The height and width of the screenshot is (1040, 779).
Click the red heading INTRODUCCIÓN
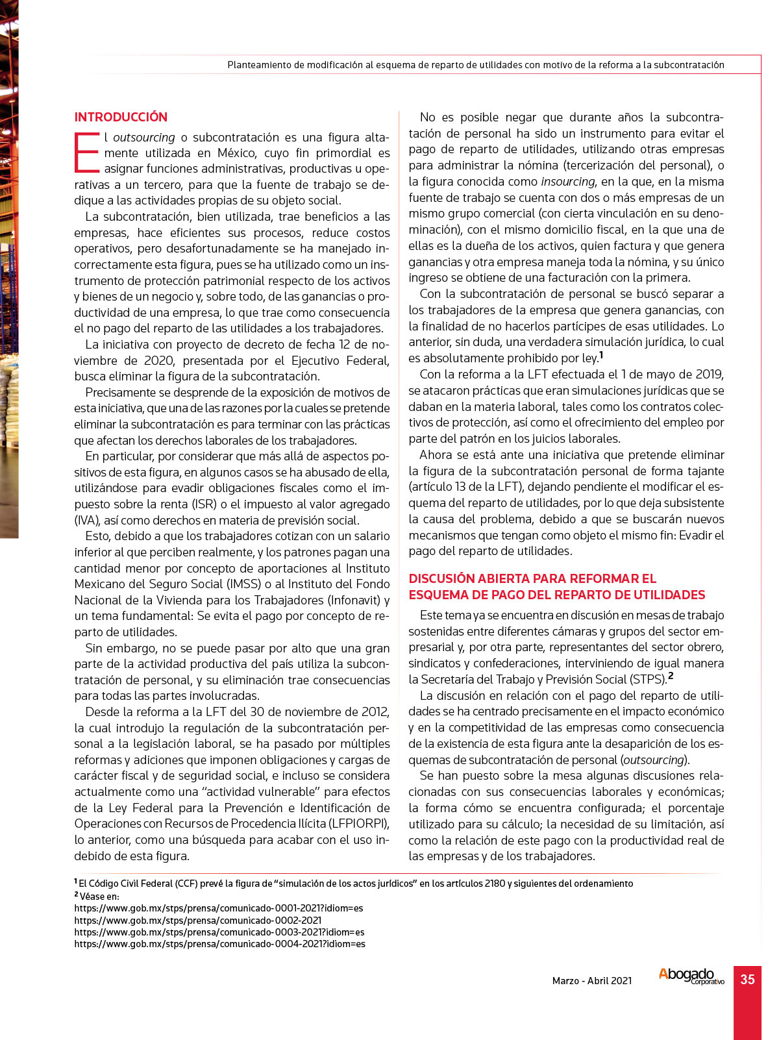(121, 118)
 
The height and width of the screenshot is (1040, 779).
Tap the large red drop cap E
(87, 153)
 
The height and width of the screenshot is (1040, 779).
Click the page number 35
(747, 980)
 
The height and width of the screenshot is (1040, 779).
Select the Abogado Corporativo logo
(691, 976)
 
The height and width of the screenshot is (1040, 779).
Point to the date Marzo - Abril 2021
(591, 981)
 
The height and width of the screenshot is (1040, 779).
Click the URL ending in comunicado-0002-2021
(198, 921)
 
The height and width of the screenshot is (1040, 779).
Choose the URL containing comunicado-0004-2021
(219, 944)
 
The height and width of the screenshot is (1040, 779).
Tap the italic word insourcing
(568, 182)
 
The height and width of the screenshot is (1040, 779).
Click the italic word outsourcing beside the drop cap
(144, 138)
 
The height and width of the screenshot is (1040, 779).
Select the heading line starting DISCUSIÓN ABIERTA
(532, 578)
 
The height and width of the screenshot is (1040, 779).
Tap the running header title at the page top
(475, 65)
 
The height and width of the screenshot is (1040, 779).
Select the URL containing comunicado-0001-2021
(218, 908)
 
